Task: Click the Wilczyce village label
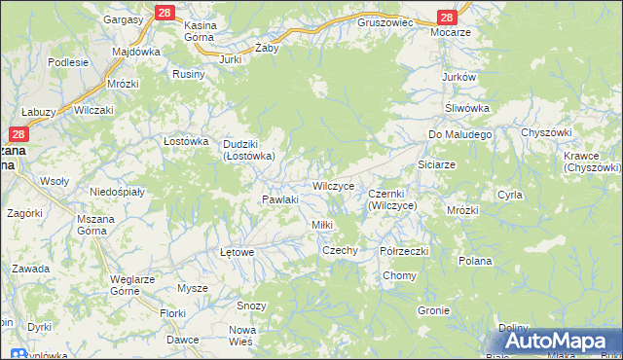[338, 185]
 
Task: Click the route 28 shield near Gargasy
[164, 12]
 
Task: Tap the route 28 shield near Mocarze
[447, 18]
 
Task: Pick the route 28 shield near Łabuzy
[18, 135]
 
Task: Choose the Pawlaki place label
[278, 199]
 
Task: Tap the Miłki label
[321, 225]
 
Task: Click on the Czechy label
[341, 250]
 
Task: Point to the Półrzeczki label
[405, 250]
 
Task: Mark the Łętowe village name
[237, 252]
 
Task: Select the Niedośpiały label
[117, 192]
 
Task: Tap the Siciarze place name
[436, 164]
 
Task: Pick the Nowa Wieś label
[241, 336]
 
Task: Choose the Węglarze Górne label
[133, 285]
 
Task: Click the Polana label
[475, 261]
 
